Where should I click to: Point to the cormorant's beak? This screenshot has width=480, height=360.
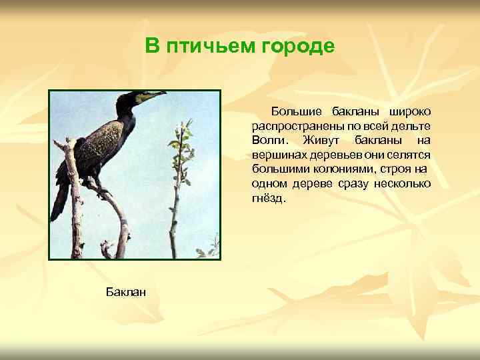(153, 96)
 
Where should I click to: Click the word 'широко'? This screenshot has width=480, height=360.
(409, 110)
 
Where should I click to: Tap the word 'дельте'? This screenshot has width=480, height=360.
(413, 125)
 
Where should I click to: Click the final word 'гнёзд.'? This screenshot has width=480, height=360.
(268, 199)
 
